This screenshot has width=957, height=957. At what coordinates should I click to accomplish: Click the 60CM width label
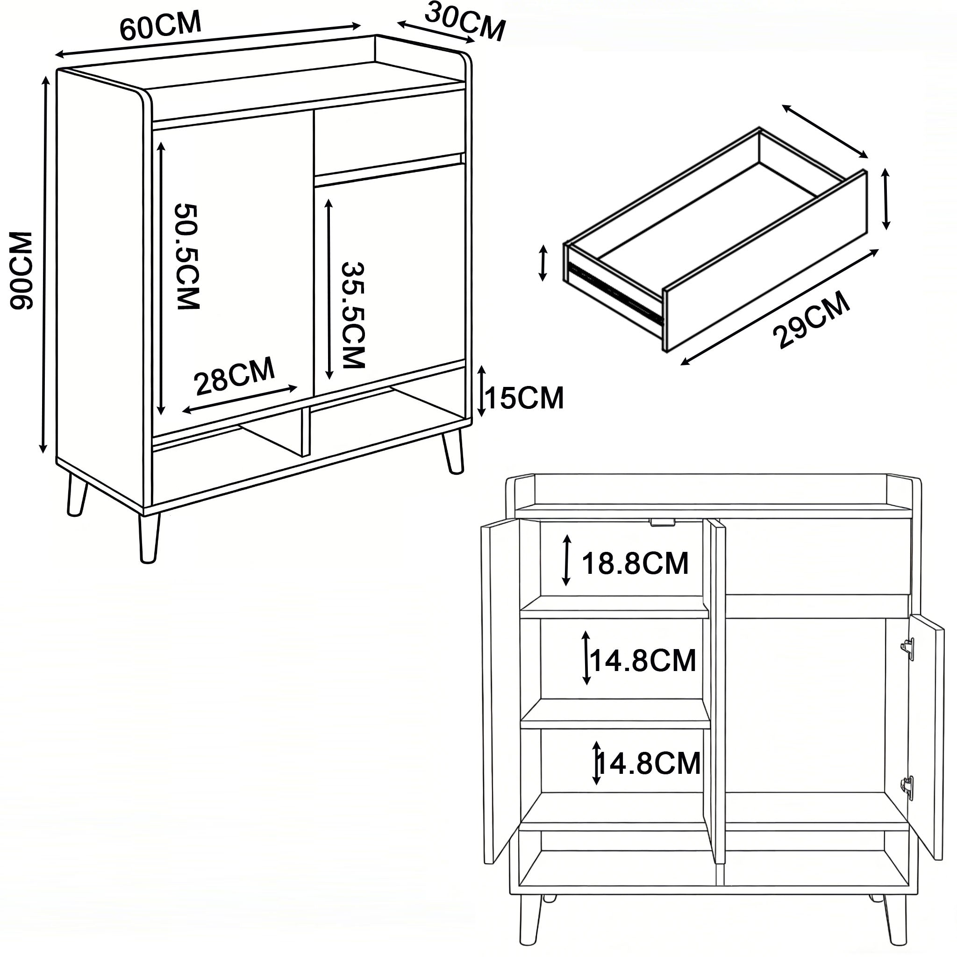click(x=160, y=25)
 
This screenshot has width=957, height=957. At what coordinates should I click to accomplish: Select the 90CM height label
click(x=21, y=271)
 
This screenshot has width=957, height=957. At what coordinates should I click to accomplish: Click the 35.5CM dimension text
click(x=353, y=315)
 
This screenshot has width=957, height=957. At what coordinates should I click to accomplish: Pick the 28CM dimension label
click(x=234, y=376)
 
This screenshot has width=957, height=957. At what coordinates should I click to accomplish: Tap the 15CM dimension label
click(x=525, y=398)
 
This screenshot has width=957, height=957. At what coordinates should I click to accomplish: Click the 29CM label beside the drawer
click(x=811, y=320)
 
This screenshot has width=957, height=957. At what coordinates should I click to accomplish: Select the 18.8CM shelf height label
click(x=635, y=563)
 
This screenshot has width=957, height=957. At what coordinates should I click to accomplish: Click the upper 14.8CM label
click(x=643, y=661)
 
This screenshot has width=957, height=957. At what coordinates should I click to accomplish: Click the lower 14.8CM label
click(x=649, y=764)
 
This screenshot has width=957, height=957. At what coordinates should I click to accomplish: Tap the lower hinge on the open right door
click(x=907, y=787)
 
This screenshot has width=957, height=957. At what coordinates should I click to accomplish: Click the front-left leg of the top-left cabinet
click(x=149, y=538)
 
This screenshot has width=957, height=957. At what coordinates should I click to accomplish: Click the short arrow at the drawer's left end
click(x=543, y=263)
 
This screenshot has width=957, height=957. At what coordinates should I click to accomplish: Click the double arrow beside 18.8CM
click(x=567, y=560)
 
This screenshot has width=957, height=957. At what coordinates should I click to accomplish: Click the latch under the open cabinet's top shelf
click(x=663, y=522)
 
